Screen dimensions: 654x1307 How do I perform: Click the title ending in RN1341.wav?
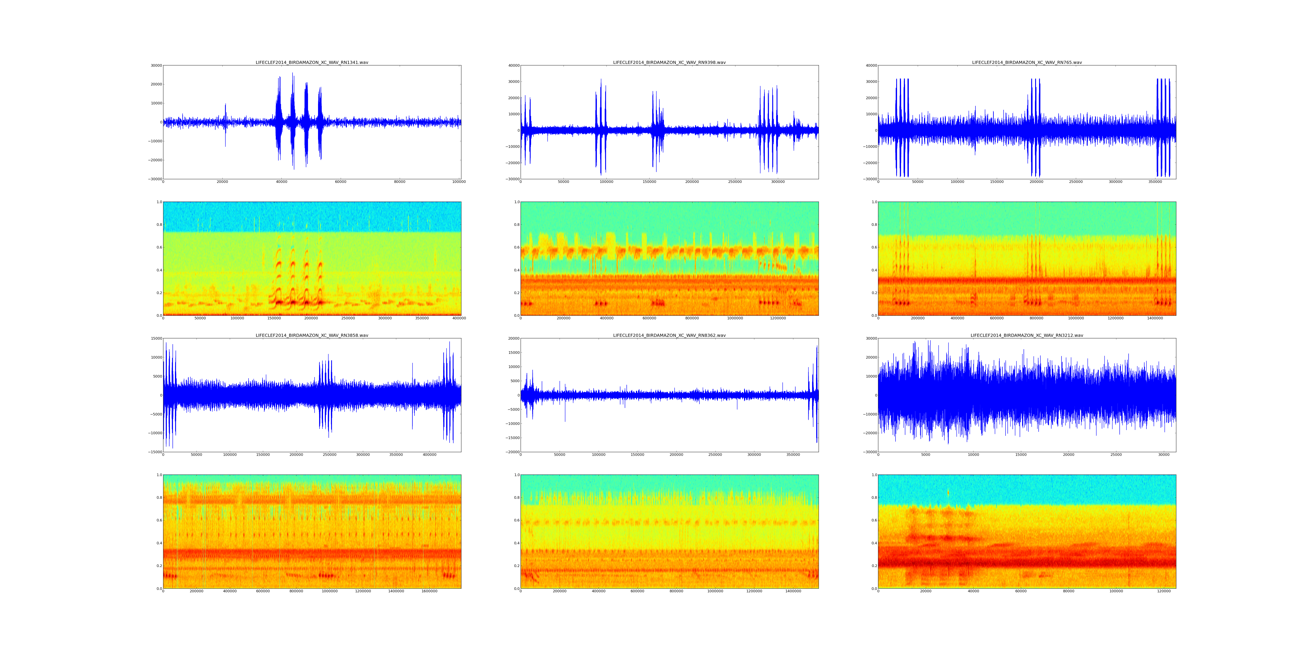click(x=312, y=62)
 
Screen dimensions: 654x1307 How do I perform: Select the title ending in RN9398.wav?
click(x=669, y=62)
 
